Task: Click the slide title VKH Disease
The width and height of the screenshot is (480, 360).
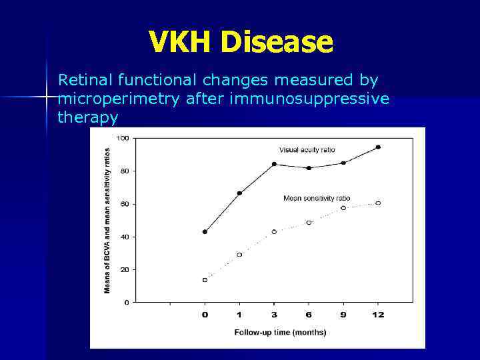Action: pyautogui.click(x=240, y=41)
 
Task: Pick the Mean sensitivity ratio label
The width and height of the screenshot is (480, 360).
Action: pyautogui.click(x=316, y=198)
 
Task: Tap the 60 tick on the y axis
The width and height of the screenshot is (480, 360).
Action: pyautogui.click(x=124, y=204)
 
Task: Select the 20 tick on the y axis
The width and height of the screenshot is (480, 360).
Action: pyautogui.click(x=124, y=269)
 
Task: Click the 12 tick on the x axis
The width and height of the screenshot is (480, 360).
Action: pyautogui.click(x=378, y=315)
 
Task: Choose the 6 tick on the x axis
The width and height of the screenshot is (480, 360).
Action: pyautogui.click(x=309, y=315)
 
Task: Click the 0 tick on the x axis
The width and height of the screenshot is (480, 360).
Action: pyautogui.click(x=205, y=315)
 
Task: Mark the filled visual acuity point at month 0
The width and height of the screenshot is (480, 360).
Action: pyautogui.click(x=205, y=231)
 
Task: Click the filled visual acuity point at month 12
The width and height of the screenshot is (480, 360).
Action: pyautogui.click(x=378, y=147)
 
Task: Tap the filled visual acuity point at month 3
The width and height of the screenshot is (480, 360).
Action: pyautogui.click(x=274, y=164)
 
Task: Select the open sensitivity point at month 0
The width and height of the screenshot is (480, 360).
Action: pyautogui.click(x=205, y=280)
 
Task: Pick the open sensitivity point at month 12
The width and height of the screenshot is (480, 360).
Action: pyautogui.click(x=378, y=203)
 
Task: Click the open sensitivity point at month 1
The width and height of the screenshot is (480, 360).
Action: pyautogui.click(x=239, y=255)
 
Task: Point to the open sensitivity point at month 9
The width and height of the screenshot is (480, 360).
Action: pyautogui.click(x=343, y=208)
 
